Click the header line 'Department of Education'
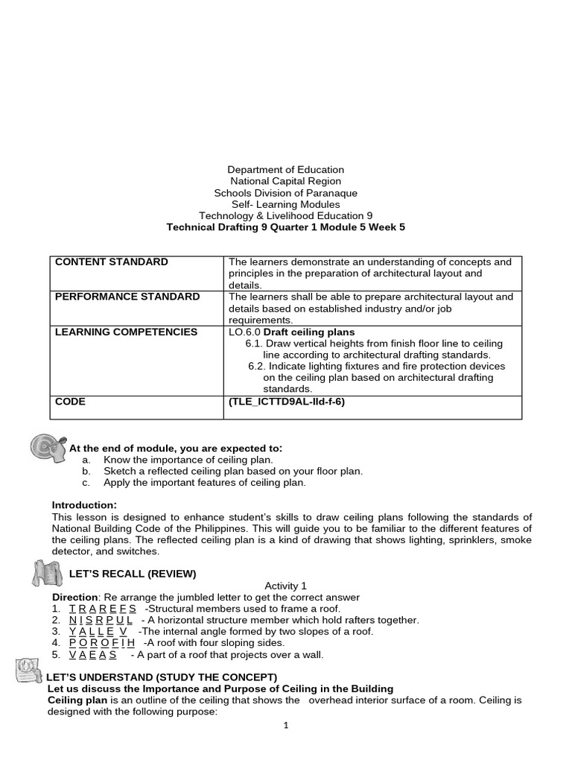[x=285, y=170]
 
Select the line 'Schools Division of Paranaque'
[x=285, y=193]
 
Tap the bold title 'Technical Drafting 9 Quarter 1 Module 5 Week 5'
[x=285, y=227]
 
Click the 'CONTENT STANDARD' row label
[x=112, y=262]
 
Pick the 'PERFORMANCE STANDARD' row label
[x=127, y=297]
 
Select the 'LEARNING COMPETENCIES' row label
[x=127, y=332]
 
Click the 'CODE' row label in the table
[x=71, y=402]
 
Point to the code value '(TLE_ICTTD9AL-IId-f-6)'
[x=287, y=402]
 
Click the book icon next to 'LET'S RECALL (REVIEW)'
[x=47, y=573]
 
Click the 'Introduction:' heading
[x=84, y=505]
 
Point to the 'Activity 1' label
[x=285, y=586]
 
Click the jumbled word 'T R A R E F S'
[x=102, y=609]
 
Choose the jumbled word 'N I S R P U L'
[x=101, y=620]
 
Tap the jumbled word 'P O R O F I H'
[x=102, y=643]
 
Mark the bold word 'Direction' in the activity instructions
[x=74, y=598]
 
